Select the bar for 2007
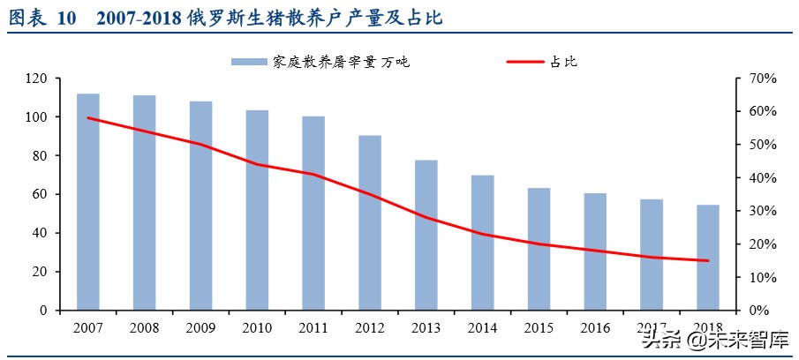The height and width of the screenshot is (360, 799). [87, 202]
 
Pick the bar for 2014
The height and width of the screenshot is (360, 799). [483, 243]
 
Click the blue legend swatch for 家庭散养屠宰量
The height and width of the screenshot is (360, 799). [250, 62]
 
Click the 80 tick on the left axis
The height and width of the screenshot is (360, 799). [39, 156]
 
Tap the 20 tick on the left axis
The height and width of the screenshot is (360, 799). [39, 272]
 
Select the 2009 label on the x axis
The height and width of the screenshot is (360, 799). [200, 327]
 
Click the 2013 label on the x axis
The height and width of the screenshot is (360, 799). [426, 327]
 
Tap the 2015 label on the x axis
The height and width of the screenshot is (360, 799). [539, 327]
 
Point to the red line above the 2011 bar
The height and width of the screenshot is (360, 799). [313, 174]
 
